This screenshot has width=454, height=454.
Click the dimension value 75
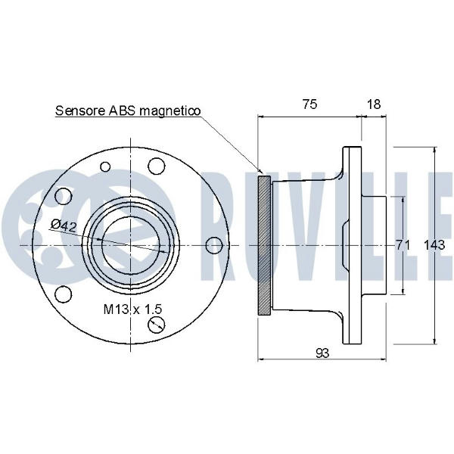click(x=309, y=104)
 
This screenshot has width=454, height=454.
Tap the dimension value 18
click(x=374, y=104)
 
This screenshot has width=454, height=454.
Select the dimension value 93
click(x=322, y=353)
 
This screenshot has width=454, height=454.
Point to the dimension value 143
click(x=434, y=245)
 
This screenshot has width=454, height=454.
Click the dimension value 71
click(x=403, y=245)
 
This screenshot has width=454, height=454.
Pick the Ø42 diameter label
click(x=64, y=225)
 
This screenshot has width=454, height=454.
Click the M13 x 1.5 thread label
click(x=132, y=309)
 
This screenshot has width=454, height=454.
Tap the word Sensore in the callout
click(x=80, y=110)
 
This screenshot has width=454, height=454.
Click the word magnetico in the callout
click(x=170, y=110)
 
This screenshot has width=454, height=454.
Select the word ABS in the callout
click(x=122, y=110)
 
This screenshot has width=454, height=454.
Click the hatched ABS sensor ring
click(x=264, y=245)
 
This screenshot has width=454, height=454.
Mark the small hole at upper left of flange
click(x=105, y=166)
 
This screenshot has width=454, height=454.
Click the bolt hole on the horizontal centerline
click(x=214, y=245)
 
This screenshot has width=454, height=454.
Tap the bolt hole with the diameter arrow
click(x=156, y=325)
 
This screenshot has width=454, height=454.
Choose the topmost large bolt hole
click(x=157, y=166)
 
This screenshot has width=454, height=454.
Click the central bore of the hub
click(x=131, y=245)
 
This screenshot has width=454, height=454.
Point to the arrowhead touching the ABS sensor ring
click(x=260, y=172)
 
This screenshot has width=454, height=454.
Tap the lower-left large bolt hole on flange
click(x=63, y=294)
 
